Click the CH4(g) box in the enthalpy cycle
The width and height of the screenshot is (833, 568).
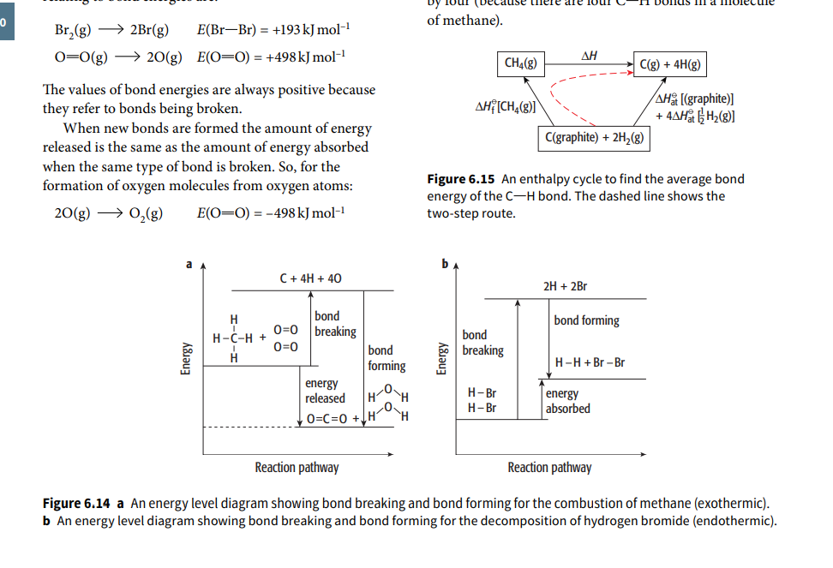coord(522,63)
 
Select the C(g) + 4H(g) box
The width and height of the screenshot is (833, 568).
coord(671,64)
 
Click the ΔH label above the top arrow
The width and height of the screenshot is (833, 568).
coord(589,56)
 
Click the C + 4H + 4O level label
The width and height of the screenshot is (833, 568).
coord(311,278)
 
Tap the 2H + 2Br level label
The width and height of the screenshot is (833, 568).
coord(566,286)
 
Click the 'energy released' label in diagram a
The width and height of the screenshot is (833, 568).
coord(325,391)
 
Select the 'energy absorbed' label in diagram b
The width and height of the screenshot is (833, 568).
coord(567,401)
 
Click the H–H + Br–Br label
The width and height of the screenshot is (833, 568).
coord(590,362)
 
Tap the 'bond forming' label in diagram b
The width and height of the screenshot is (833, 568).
coord(586,320)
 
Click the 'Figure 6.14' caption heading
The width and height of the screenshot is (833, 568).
coord(76,503)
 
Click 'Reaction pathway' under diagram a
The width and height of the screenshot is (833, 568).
coord(297,467)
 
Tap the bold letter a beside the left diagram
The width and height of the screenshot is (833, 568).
coord(191,264)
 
